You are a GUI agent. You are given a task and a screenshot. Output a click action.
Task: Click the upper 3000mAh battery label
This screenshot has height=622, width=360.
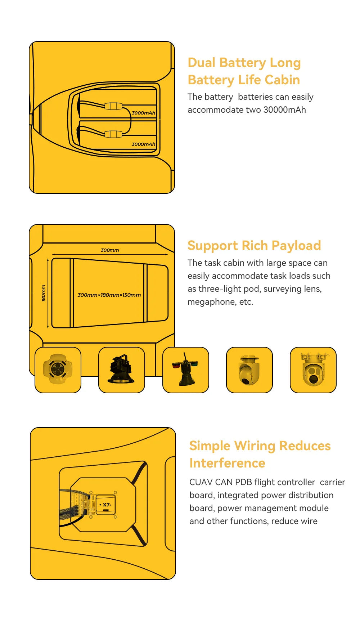(143, 113)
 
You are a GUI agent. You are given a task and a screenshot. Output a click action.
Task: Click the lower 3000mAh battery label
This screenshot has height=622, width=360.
(143, 144)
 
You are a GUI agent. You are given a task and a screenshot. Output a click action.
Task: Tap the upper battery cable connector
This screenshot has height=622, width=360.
(113, 106)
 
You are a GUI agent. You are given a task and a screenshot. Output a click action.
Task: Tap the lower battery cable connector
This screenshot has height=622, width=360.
(113, 134)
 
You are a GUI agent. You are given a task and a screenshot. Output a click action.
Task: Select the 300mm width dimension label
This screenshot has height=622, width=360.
(110, 250)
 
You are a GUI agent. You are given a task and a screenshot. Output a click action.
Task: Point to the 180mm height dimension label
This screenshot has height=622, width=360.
(44, 293)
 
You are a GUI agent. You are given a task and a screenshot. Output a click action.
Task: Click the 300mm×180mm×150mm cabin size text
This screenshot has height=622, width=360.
(109, 295)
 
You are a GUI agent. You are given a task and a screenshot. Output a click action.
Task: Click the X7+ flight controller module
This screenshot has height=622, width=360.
(106, 505)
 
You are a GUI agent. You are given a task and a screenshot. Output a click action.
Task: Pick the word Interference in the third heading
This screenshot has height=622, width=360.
(227, 463)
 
